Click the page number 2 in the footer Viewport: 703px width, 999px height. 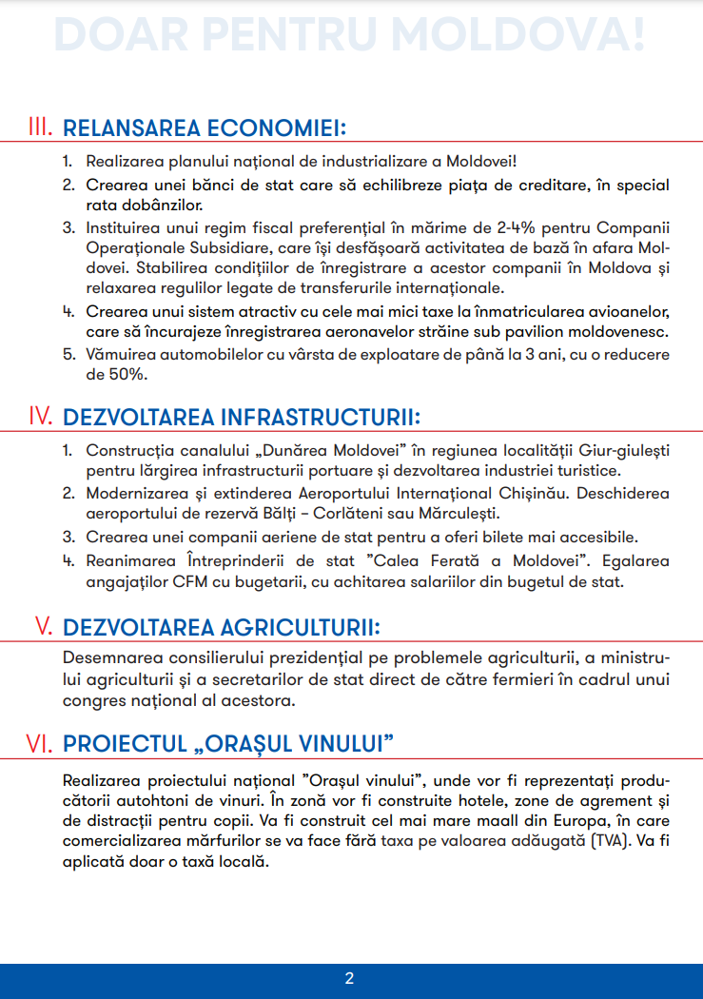click(350, 978)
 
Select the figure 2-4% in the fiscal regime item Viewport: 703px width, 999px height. click(526, 228)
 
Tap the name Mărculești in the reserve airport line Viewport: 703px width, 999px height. click(450, 514)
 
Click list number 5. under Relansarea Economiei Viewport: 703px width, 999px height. click(68, 354)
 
